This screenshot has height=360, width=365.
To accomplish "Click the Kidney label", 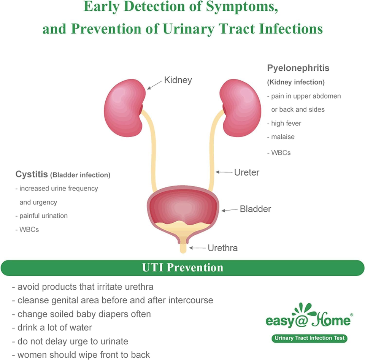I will click(178, 80).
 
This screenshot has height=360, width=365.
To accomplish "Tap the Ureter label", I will click(247, 173).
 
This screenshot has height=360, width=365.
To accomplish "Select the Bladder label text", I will click(255, 209).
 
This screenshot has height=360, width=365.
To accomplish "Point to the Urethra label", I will click(222, 248).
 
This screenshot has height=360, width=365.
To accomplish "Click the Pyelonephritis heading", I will click(298, 68).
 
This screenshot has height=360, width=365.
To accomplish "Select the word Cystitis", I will click(32, 174).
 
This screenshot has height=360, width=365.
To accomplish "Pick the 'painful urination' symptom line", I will click(41, 216).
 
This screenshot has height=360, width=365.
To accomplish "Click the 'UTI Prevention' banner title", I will click(182, 268).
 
